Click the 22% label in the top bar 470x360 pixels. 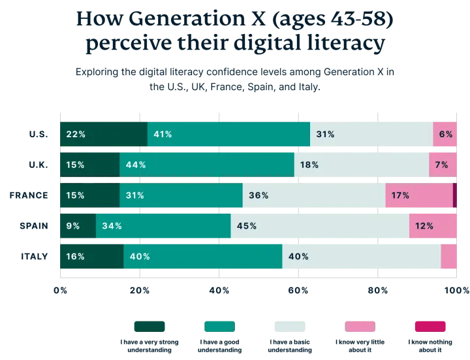click(x=76, y=135)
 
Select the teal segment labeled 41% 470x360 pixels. click(x=228, y=135)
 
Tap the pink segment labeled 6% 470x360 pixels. click(x=445, y=135)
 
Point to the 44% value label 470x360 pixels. click(x=136, y=165)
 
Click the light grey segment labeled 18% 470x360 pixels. click(x=361, y=165)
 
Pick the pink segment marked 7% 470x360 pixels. click(x=443, y=165)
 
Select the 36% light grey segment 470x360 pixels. click(x=313, y=195)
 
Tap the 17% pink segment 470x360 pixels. click(x=418, y=195)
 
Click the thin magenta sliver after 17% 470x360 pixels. click(x=455, y=195)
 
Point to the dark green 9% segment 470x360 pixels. click(x=77, y=226)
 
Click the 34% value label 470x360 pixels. click(x=112, y=226)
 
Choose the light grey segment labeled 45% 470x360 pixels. click(x=319, y=226)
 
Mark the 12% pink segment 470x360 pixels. click(x=433, y=226)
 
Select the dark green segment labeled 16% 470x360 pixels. click(x=91, y=256)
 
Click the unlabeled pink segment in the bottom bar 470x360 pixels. click(x=448, y=256)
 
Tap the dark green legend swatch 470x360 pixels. click(x=149, y=326)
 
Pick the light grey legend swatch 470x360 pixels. click(x=289, y=326)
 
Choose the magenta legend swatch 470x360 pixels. click(x=430, y=326)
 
